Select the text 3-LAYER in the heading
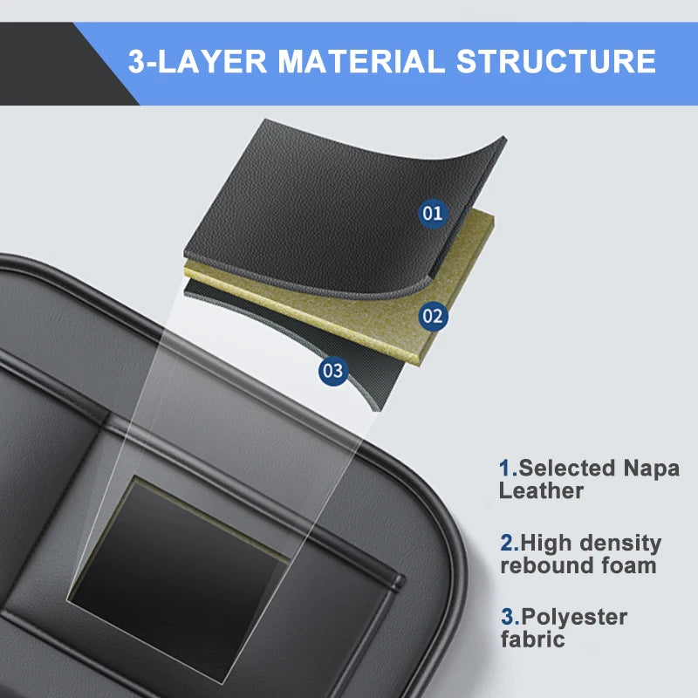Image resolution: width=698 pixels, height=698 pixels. (x=194, y=61)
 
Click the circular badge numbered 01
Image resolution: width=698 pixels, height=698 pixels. (x=432, y=212)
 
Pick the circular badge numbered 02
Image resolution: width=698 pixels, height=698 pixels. (x=433, y=316)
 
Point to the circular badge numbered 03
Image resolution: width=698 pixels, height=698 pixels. (x=332, y=370)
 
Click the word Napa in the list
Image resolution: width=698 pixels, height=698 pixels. (x=651, y=469)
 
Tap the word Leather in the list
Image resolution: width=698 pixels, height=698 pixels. (x=541, y=491)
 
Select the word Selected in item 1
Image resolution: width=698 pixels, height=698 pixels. (x=567, y=469)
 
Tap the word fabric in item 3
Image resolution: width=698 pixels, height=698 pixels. (x=532, y=640)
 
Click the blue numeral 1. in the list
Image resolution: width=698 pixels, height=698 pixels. (x=508, y=469)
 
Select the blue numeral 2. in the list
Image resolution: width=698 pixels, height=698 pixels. (x=509, y=543)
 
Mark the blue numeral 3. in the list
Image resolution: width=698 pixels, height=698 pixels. (x=509, y=618)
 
